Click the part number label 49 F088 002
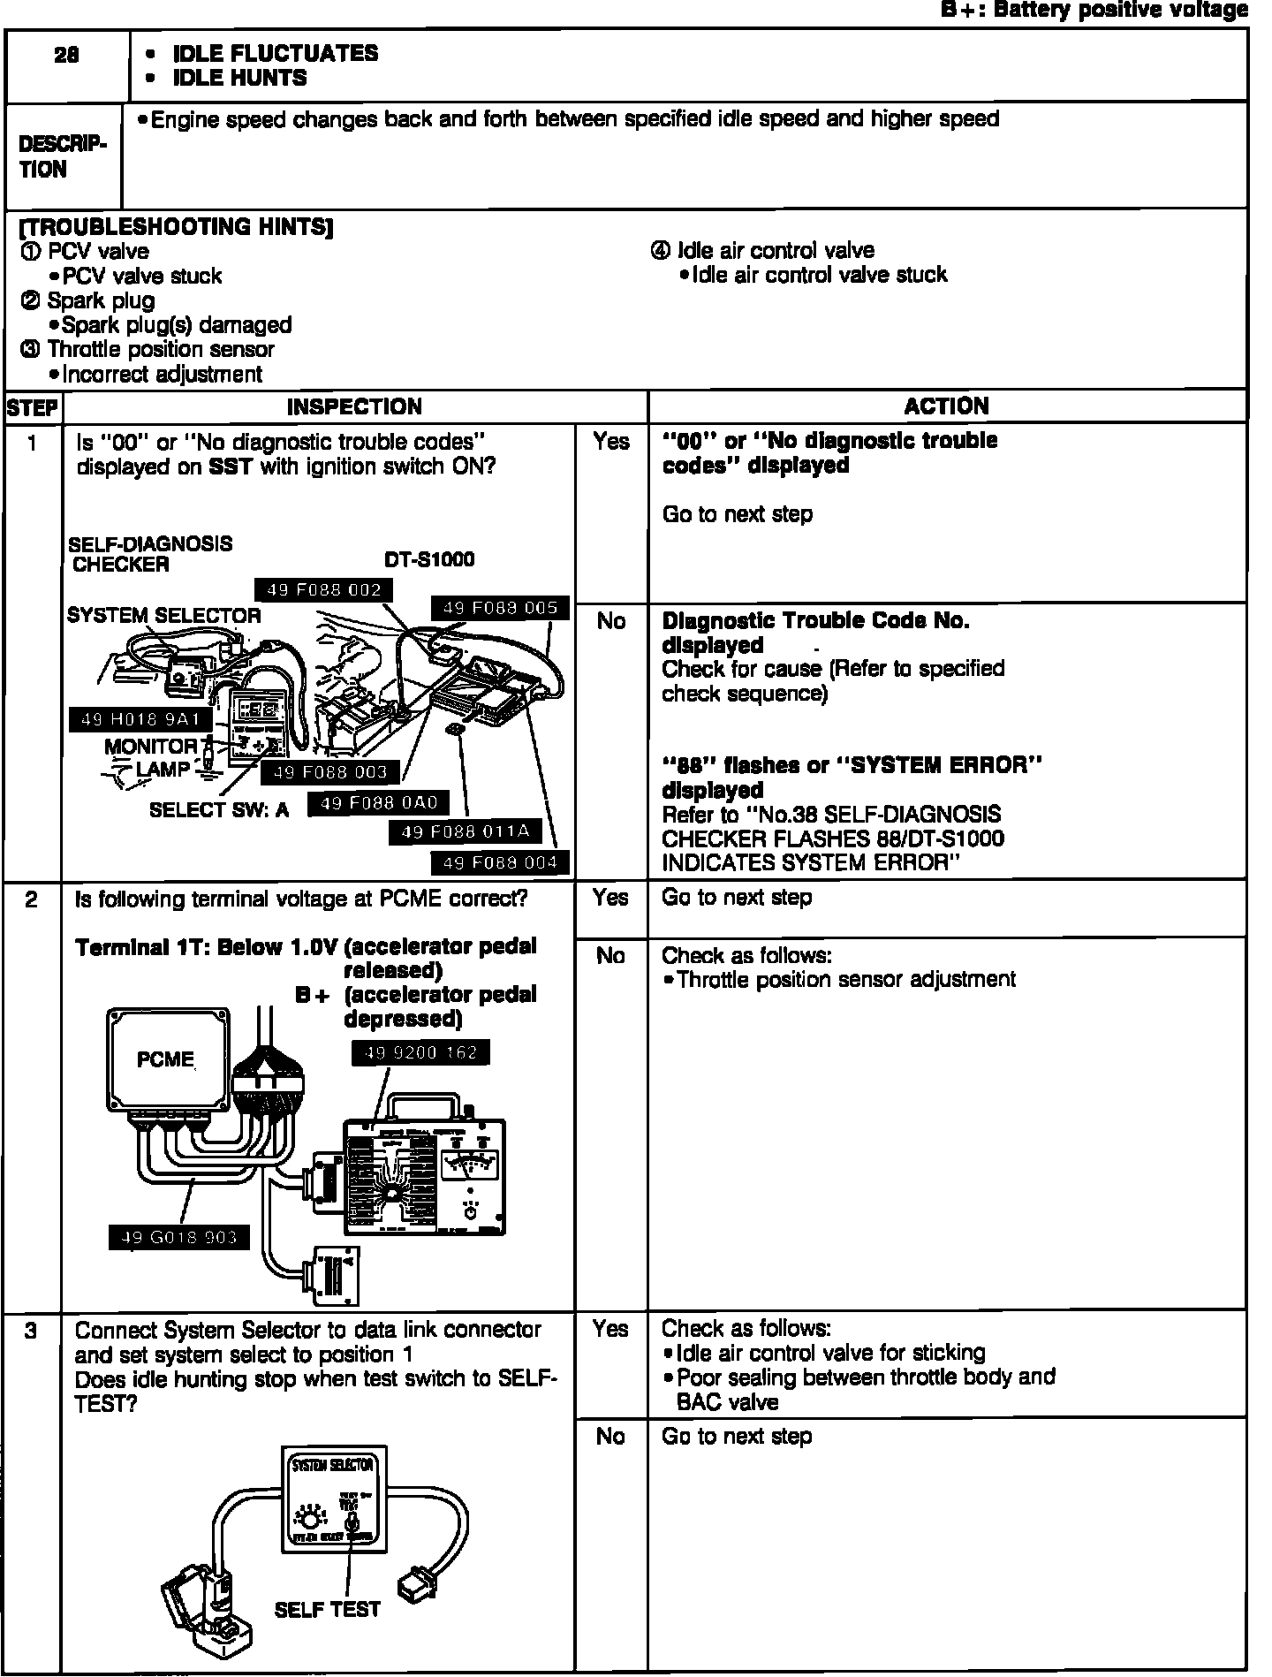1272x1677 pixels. point(323,590)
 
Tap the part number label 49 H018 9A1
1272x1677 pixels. point(140,720)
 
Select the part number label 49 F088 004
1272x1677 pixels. point(499,863)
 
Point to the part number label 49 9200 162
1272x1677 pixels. point(420,1052)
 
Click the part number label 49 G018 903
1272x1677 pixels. point(179,1238)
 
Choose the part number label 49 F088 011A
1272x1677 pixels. point(465,831)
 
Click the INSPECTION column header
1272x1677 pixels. point(354,407)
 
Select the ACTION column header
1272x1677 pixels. point(946,406)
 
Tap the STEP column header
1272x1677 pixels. point(33,408)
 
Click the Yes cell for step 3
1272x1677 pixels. point(610,1329)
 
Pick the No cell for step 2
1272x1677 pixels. point(610,955)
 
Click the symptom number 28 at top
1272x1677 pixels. point(66,55)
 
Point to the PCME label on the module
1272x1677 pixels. point(165,1059)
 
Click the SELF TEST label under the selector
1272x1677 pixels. point(327,1610)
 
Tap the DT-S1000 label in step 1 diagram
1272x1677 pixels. point(429,560)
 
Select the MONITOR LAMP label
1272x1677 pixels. point(150,758)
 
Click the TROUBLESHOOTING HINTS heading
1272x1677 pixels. point(176,227)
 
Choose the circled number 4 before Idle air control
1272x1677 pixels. point(659,251)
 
